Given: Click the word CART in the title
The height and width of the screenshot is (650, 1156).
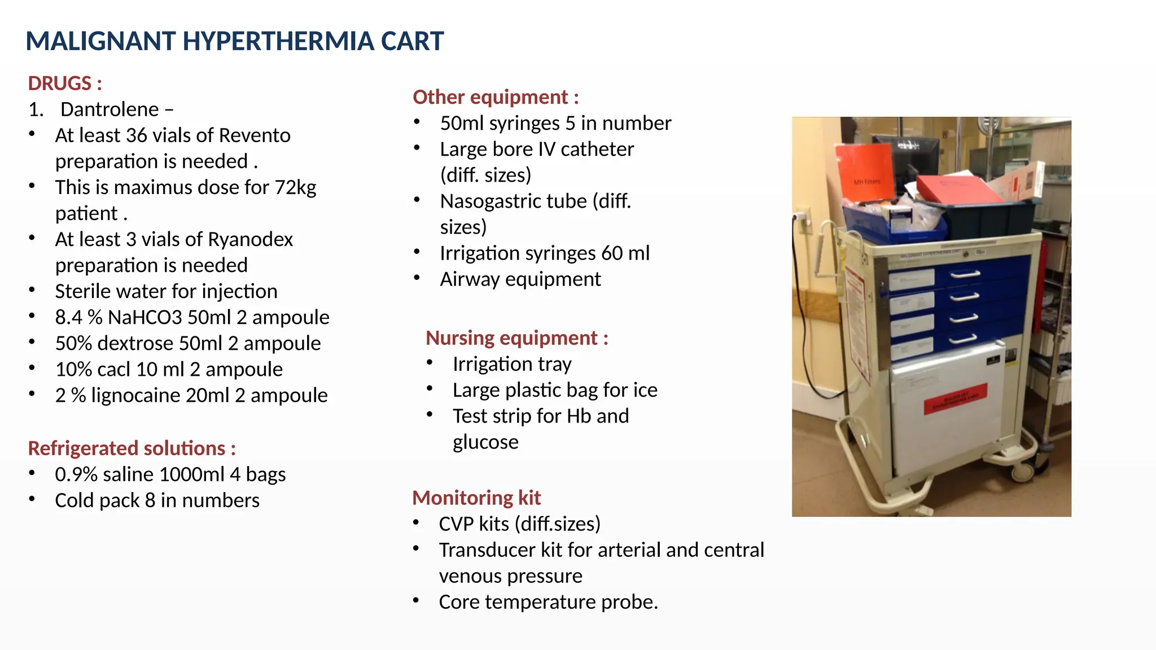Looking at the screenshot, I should (412, 41).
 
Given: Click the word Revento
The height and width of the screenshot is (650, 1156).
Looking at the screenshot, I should (255, 135).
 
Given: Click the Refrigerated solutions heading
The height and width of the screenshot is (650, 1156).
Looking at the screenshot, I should (132, 448).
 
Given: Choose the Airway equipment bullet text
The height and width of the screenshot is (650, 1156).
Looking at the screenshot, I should (520, 279).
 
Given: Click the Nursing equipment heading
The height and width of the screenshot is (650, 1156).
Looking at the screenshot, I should (516, 337).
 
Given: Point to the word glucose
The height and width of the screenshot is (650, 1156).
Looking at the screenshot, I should (485, 442).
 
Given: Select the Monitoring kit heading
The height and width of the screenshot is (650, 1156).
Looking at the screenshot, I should (476, 498).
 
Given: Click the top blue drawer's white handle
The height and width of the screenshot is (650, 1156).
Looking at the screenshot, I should (965, 274).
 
